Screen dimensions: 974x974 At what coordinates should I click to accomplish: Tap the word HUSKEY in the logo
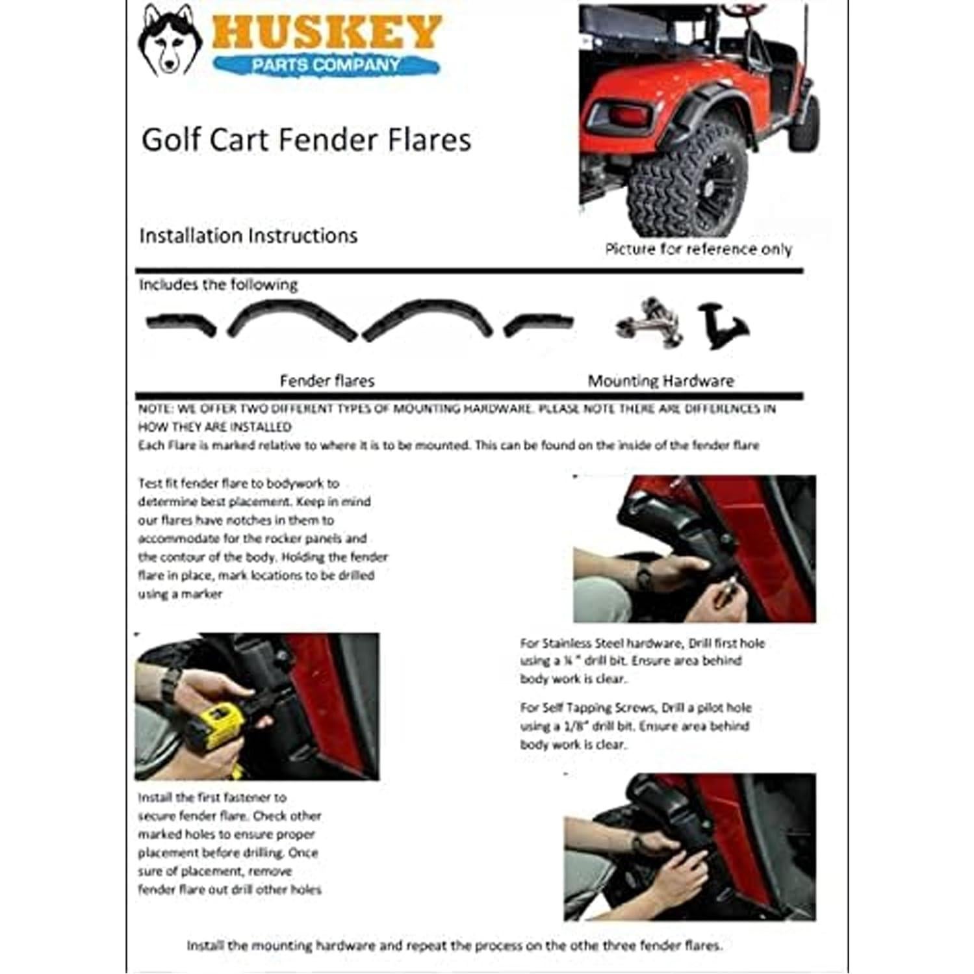[326, 32]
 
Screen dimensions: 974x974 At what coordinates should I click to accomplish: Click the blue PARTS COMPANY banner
[326, 65]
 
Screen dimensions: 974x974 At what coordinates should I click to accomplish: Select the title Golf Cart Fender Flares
[306, 140]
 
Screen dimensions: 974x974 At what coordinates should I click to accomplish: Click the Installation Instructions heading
[248, 235]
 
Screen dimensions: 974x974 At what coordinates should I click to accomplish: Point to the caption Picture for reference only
[698, 250]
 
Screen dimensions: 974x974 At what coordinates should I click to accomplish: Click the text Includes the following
[218, 285]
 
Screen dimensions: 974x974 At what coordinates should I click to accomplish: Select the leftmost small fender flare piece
[181, 323]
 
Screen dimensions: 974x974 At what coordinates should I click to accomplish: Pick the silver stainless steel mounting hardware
[650, 322]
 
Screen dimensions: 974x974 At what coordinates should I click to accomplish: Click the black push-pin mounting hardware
[721, 325]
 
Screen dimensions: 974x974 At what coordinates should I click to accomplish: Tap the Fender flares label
[327, 381]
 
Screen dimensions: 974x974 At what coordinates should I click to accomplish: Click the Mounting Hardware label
[661, 381]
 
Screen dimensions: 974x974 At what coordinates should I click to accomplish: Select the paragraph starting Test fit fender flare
[263, 538]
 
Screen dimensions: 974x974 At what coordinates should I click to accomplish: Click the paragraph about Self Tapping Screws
[635, 726]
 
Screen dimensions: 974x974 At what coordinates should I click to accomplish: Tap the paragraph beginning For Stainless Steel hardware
[642, 661]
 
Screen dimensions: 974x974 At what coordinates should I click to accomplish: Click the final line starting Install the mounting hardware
[454, 945]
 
